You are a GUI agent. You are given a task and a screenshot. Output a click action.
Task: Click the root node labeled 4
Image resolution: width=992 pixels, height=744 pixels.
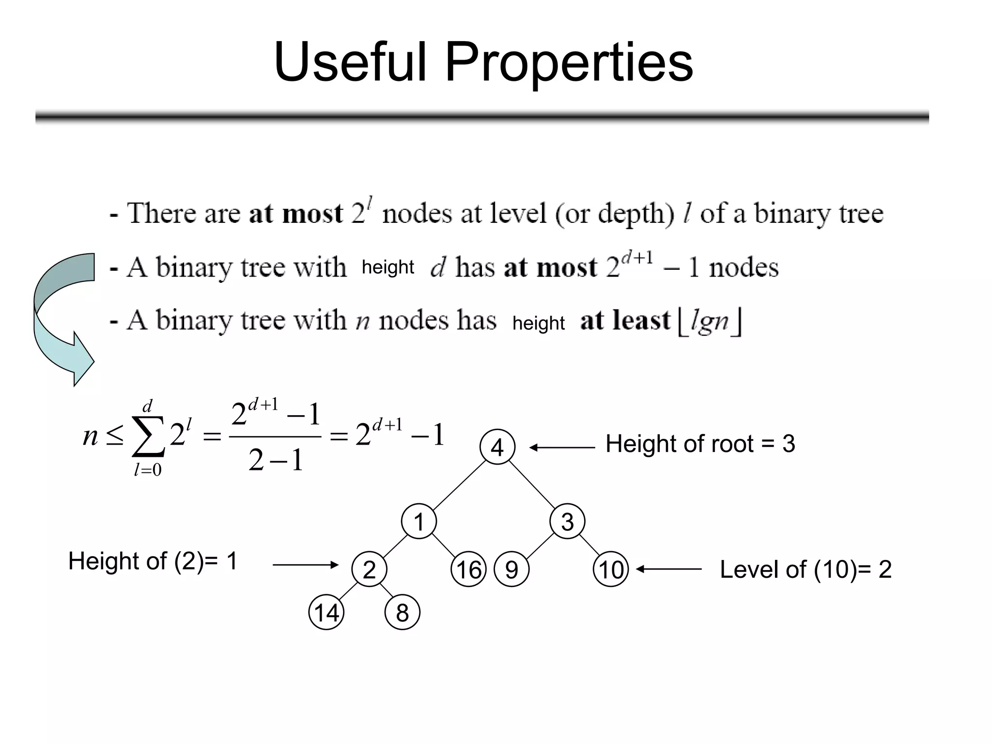(x=497, y=447)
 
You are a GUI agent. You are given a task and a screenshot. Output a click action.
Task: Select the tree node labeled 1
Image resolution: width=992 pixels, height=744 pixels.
(x=419, y=522)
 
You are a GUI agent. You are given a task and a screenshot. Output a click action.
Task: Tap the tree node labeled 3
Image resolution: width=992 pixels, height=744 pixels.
(x=567, y=522)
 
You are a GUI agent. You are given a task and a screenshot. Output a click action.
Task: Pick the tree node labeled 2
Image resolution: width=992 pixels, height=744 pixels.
(x=369, y=569)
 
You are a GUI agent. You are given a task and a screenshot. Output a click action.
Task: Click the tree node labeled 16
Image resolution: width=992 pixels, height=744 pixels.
(x=468, y=569)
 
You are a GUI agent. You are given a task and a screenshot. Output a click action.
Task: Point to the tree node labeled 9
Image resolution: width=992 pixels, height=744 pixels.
(x=511, y=569)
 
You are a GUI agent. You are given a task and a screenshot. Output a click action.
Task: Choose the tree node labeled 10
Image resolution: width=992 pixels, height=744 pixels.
(x=611, y=569)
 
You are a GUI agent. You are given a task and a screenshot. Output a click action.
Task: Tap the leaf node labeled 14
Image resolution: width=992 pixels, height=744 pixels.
(x=326, y=612)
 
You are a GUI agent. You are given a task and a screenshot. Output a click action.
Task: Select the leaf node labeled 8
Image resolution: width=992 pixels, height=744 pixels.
(x=402, y=612)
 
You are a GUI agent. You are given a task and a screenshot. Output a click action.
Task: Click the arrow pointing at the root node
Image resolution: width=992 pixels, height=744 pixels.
(x=562, y=448)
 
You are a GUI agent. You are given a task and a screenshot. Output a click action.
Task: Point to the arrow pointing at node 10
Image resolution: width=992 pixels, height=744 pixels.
(x=668, y=569)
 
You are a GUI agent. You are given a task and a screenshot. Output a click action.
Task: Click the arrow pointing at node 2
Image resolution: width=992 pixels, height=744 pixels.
(x=305, y=564)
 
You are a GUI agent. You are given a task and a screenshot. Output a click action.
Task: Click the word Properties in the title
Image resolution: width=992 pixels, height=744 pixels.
(x=569, y=63)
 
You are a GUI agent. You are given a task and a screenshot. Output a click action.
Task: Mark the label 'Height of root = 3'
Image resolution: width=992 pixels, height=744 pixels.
(x=700, y=444)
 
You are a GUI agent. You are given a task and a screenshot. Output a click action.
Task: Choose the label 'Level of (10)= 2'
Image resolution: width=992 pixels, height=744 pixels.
(x=806, y=570)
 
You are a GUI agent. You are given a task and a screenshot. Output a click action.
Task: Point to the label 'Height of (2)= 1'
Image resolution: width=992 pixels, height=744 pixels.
(x=153, y=561)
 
